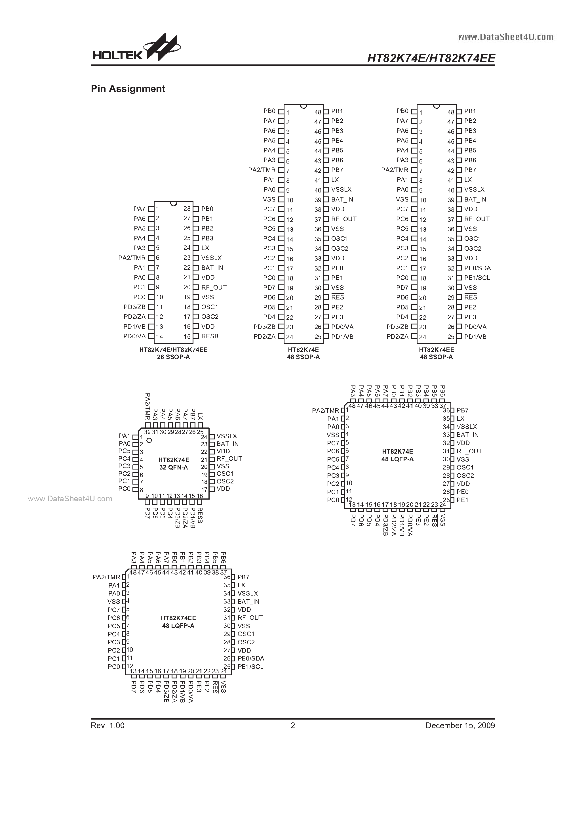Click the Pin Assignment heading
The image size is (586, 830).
pos(128,89)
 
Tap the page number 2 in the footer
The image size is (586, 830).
pos(293,725)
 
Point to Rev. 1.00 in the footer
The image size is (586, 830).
pos(108,725)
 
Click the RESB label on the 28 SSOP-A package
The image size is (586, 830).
pos(210,336)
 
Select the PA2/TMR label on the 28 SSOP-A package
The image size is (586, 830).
pos(132,258)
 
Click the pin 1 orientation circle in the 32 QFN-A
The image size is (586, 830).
pos(149,440)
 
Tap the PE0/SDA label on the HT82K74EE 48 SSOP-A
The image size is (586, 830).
pos(477,268)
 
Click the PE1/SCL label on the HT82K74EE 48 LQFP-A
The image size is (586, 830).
pos(250,666)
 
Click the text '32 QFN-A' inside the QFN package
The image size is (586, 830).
pos(173,468)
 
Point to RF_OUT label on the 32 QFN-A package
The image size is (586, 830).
pos(229,458)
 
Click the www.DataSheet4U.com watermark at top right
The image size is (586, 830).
pos(505,37)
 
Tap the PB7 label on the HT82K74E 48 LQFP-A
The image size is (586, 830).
pos(462,410)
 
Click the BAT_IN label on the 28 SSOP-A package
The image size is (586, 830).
pos(212,268)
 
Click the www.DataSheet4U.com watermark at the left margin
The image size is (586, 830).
pos(70,499)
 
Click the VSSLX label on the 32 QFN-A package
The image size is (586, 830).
pos(227,436)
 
